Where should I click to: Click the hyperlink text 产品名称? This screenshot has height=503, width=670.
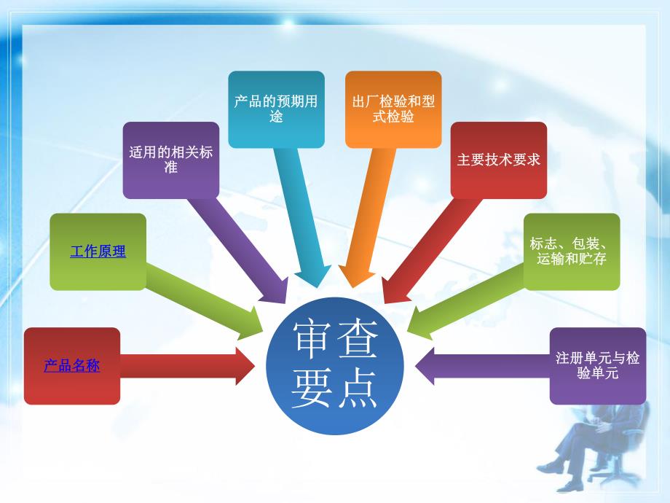coord(71,366)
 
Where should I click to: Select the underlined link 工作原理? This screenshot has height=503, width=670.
coord(98,252)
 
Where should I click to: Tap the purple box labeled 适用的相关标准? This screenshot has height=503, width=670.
coord(170,160)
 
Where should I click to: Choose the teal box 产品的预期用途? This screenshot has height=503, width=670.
coord(276,109)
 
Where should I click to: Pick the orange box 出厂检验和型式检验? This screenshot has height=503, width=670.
coord(393,109)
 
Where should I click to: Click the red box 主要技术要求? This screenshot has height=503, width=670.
coord(498,160)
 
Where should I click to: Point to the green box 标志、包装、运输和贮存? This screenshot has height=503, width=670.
coord(572,251)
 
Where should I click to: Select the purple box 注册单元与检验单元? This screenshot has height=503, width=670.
coord(597,366)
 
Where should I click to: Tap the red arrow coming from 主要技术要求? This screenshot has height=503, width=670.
coord(430,248)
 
